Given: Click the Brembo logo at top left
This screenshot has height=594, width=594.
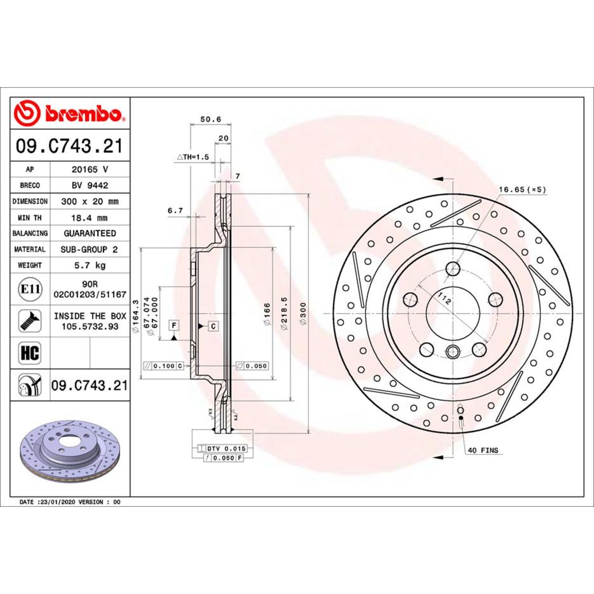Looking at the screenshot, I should tap(69, 113).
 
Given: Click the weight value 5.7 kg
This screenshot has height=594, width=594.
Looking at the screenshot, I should tap(90, 265).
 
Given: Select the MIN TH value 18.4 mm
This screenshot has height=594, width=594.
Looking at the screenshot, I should tap(90, 218).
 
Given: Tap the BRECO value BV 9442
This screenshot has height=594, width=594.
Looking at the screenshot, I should tap(90, 185).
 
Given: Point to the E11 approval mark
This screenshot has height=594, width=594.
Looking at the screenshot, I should tap(30, 289).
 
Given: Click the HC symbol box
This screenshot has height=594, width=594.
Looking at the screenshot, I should tap(30, 353).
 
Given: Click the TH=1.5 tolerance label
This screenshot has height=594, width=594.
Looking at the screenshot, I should tap(193, 157).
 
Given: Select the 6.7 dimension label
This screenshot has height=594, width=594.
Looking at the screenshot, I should tap(175, 210).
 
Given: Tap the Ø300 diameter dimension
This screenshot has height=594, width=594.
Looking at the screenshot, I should tap(303, 314).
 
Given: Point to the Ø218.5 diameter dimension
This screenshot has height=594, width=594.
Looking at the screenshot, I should tap(284, 314).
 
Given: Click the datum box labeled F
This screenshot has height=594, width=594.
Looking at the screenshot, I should tap(174, 325).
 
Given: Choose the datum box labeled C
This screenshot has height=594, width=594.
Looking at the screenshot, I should tap(213, 326).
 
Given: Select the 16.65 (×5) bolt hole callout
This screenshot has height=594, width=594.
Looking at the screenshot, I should tap(522, 190).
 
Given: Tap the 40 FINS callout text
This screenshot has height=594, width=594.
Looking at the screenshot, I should tap(483, 450).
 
